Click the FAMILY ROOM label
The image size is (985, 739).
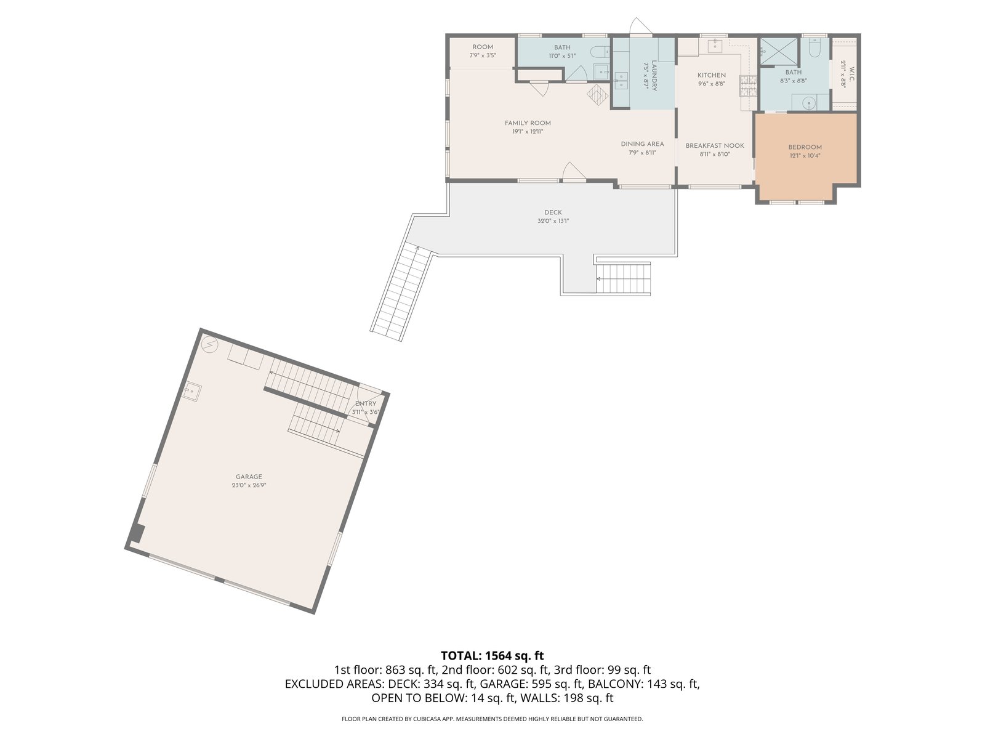527,123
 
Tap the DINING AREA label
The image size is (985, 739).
642,144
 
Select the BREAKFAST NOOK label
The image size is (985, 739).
714,146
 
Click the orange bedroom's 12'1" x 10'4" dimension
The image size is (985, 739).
805,156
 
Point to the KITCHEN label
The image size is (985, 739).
712,75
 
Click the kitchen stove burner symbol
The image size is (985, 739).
748,86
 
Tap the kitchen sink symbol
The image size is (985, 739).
715,46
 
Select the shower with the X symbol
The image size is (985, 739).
779,52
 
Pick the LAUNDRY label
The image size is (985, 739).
654,75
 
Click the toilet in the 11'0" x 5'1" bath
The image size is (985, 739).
598,52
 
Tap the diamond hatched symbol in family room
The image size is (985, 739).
597,95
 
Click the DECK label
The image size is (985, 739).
553,212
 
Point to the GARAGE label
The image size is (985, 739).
249,477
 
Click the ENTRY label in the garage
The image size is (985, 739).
366,404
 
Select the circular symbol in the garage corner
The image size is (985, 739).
209,345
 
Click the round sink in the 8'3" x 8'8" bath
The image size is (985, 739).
809,103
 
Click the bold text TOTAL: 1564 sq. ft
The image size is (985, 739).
492,656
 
